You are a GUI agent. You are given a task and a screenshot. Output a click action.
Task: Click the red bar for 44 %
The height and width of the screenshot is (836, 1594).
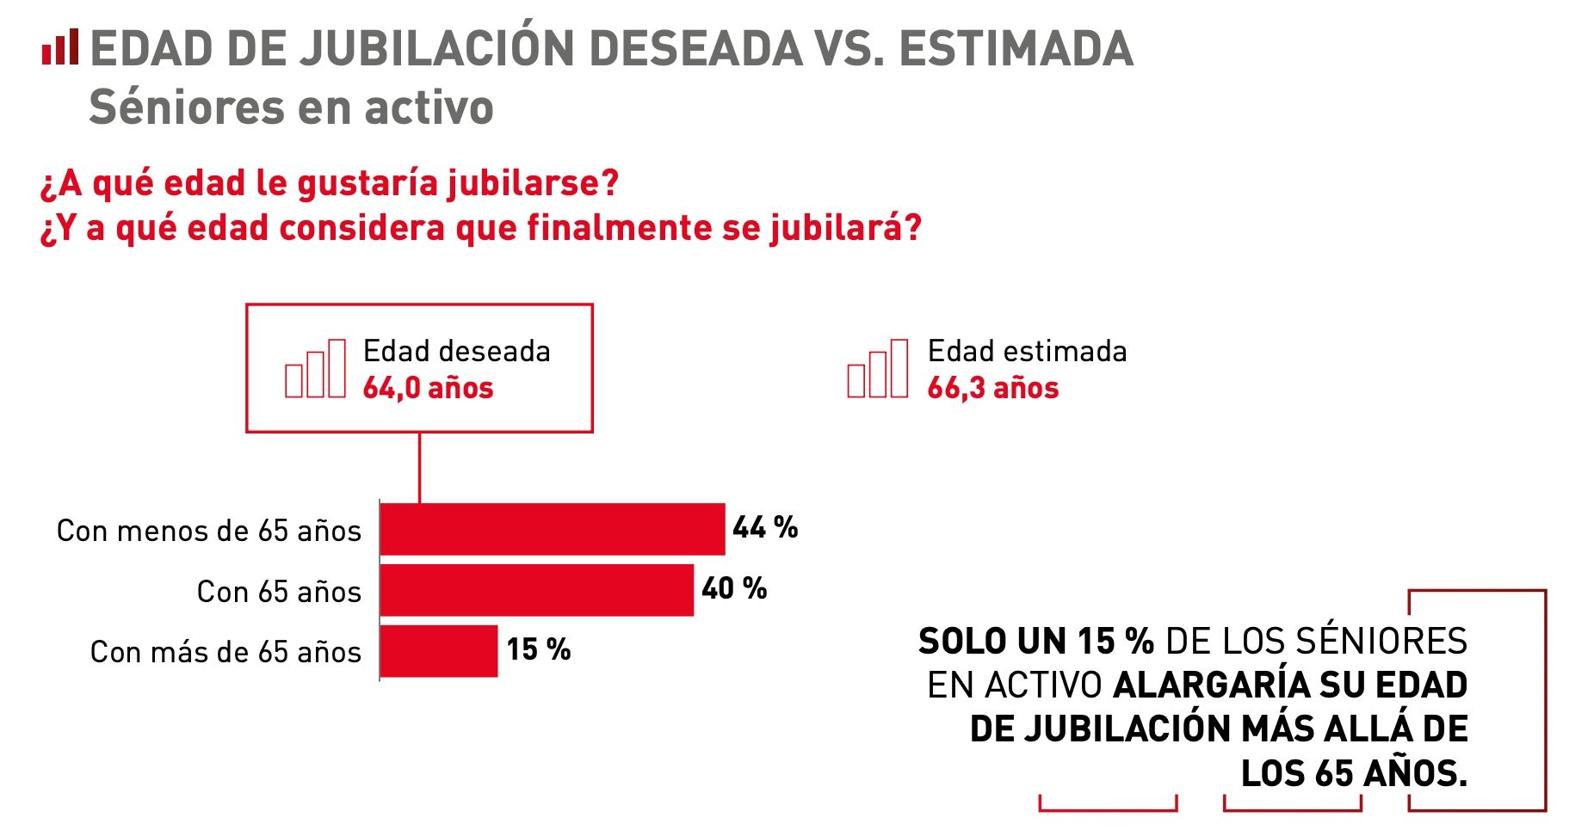coord(552,529)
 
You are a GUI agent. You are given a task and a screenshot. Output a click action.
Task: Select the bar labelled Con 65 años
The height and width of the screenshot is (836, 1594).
coord(536,590)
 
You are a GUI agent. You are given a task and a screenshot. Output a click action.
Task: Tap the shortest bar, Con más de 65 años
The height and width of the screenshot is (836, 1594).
coord(438,651)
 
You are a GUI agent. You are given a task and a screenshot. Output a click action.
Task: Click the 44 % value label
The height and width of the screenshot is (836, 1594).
coord(764,527)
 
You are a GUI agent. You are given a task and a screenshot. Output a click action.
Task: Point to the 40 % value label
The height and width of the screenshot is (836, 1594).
coord(733,588)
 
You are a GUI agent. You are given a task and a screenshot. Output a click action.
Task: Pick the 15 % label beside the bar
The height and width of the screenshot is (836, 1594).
coord(538,649)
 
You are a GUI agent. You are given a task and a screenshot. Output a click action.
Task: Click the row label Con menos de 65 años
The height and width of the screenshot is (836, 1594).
coord(208,531)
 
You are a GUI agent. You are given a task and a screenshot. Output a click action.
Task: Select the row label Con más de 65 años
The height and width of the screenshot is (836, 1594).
coord(226,652)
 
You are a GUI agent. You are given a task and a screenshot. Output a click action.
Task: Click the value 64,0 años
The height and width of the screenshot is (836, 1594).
coord(428,388)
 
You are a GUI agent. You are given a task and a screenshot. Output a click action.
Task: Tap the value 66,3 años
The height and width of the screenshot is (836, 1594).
coord(992,388)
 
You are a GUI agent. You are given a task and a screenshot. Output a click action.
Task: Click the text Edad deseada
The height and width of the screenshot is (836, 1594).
coord(456,351)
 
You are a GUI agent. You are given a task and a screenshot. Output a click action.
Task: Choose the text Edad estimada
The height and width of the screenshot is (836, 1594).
coord(1027,351)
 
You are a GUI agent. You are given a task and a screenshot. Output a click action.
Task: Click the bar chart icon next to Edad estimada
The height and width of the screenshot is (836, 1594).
coord(877,369)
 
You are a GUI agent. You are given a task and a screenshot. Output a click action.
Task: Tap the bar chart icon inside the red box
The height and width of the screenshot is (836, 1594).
coord(315,369)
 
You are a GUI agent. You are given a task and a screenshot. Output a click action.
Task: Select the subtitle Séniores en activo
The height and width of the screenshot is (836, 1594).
coord(291,108)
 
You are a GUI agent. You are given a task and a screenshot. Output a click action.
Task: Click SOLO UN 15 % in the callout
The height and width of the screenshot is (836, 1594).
coord(1035,641)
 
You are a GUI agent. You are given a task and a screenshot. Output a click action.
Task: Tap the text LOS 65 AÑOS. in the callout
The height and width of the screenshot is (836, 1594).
coord(1353,773)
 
